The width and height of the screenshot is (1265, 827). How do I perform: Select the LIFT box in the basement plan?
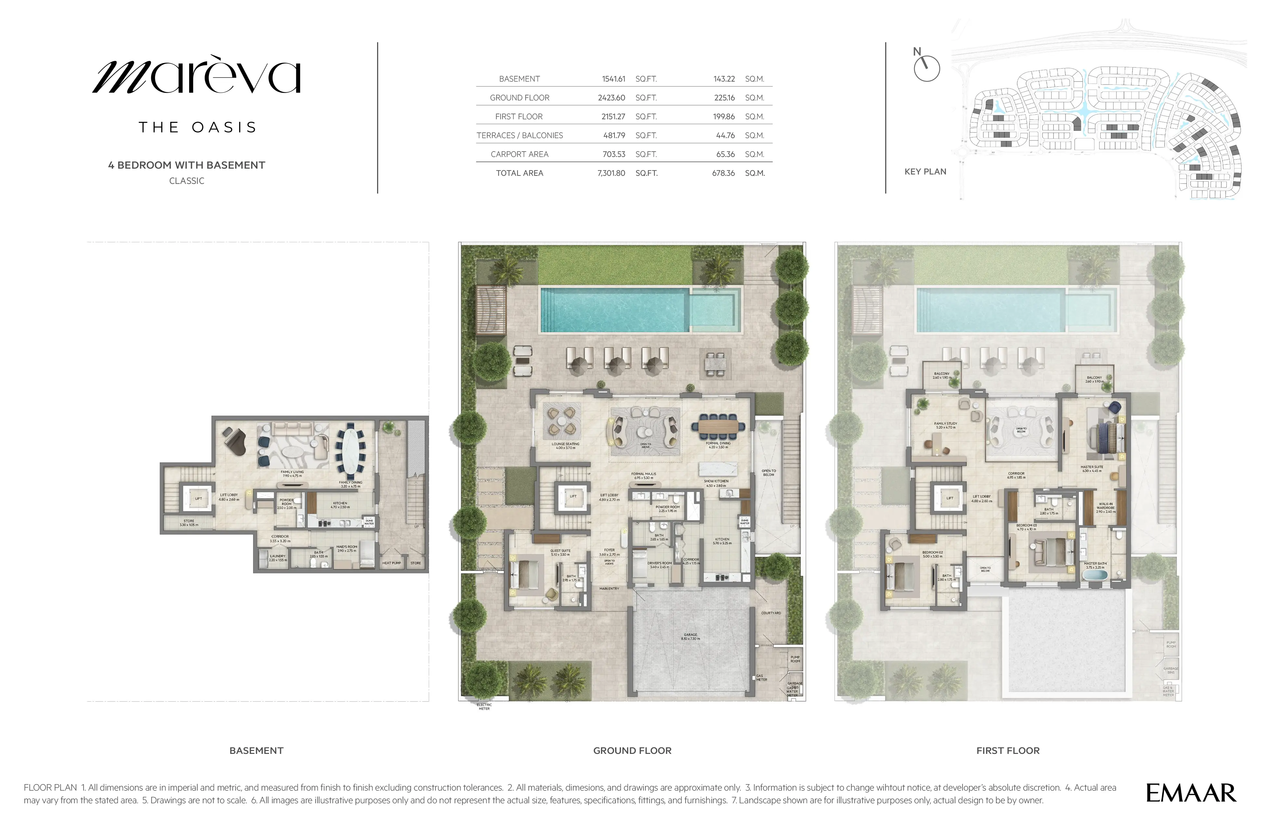pos(198,498)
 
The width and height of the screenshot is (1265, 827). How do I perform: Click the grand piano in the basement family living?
pos(234,440)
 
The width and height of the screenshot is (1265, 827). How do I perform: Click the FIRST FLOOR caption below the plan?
pos(1008,750)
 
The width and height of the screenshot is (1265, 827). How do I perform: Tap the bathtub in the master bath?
pos(1095,575)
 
